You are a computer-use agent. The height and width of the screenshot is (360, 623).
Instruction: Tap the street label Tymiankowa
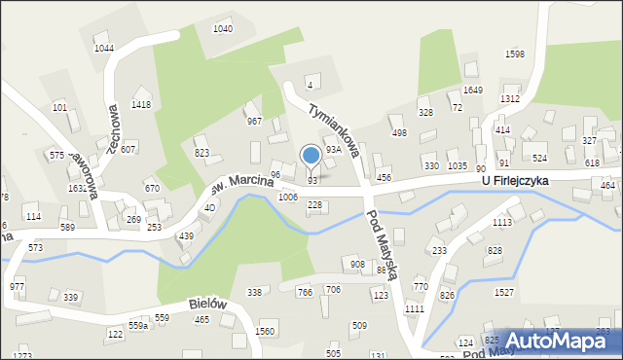click(334, 128)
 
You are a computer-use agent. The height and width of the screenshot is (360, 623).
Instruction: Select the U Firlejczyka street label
click(514, 181)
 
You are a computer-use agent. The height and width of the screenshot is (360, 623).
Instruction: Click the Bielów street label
click(207, 305)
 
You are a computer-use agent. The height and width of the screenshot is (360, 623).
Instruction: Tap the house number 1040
click(223, 29)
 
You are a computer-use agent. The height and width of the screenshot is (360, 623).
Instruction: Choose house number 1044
click(104, 49)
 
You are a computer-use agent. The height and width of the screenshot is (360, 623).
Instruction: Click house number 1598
click(515, 54)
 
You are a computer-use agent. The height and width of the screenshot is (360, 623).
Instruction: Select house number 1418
click(141, 104)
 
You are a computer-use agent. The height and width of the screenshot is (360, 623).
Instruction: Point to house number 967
click(254, 122)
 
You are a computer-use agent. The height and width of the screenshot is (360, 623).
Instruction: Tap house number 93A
click(333, 150)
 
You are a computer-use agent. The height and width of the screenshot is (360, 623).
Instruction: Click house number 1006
click(287, 198)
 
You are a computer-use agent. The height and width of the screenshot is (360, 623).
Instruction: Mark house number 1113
click(502, 223)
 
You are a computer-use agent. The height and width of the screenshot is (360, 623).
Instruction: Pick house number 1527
click(504, 292)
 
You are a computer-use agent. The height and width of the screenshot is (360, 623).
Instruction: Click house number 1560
click(264, 332)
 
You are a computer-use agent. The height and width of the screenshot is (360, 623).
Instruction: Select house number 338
click(254, 292)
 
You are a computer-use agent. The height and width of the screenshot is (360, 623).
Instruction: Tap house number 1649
click(473, 90)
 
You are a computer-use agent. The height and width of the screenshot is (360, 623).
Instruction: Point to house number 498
click(398, 133)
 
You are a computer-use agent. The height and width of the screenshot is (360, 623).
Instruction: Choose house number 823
click(202, 153)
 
